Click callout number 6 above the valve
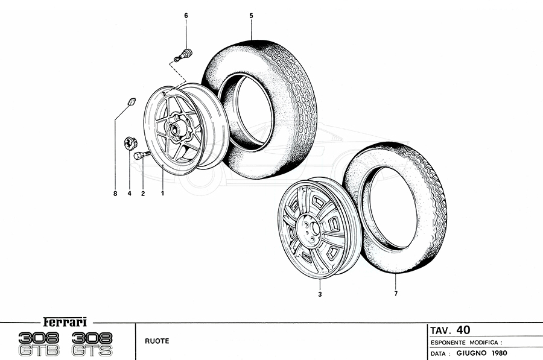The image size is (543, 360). click(x=186, y=14)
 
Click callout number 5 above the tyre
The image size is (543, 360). click(x=250, y=14)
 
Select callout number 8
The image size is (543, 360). click(x=115, y=194)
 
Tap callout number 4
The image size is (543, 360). click(x=129, y=194)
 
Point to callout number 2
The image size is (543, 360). click(x=143, y=194)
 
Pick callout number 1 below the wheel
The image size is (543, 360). click(x=162, y=194)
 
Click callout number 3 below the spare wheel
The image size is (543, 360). click(x=320, y=294)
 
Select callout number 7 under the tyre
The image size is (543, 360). click(x=396, y=294)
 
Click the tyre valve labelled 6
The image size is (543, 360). click(x=183, y=55)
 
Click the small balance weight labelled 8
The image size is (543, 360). click(x=131, y=101)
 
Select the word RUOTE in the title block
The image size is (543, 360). click(x=156, y=341)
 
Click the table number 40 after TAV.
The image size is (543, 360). click(x=463, y=330)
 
